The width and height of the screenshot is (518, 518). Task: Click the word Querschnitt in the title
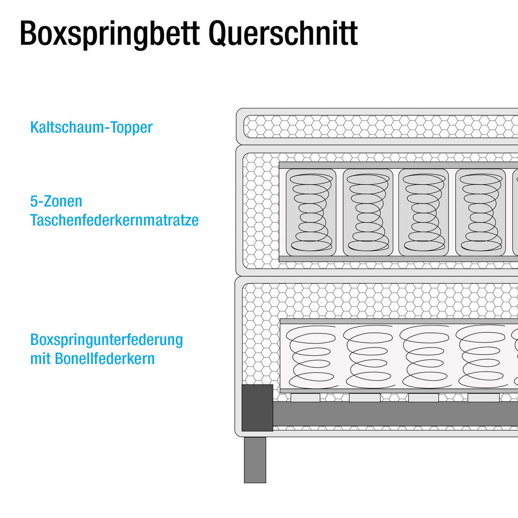pos(283,34)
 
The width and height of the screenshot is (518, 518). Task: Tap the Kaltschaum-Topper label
pos(91,127)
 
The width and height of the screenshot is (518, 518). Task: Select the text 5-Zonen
pos(56,201)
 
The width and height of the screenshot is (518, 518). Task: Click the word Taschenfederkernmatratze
pos(114,220)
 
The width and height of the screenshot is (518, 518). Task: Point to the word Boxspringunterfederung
pos(107,340)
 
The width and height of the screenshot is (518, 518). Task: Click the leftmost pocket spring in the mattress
pos(311,212)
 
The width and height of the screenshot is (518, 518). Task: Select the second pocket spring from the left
pos(368,212)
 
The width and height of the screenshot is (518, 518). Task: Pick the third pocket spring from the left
pos(424,212)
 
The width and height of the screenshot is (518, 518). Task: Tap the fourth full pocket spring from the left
pos(480,212)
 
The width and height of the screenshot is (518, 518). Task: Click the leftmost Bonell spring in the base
pos(311,357)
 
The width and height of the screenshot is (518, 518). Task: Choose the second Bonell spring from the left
pos(368,357)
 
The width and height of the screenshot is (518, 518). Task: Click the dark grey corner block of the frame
pos(257,408)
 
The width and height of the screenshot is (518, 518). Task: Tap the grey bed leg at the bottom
pos(255,460)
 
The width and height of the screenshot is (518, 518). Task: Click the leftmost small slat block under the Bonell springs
pos(305,398)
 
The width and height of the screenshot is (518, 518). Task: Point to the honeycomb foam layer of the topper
pos(380,126)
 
